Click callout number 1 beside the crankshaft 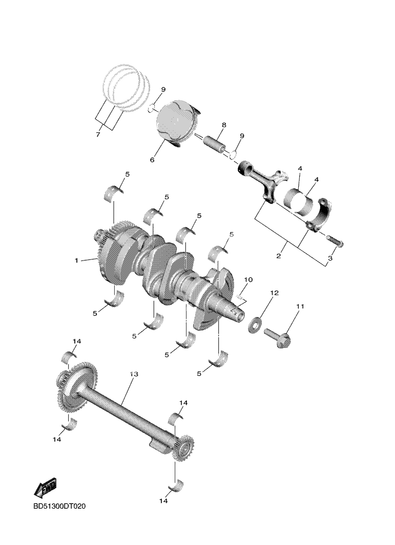pyautogui.click(x=76, y=260)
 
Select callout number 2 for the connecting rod pyautogui.click(x=278, y=256)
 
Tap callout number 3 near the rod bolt pyautogui.click(x=330, y=259)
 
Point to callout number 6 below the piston pyautogui.click(x=152, y=160)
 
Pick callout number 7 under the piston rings pyautogui.click(x=98, y=135)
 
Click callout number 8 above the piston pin pyautogui.click(x=224, y=125)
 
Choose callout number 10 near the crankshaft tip pyautogui.click(x=248, y=279)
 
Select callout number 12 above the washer pyautogui.click(x=274, y=293)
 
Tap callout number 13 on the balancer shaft pyautogui.click(x=133, y=375)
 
